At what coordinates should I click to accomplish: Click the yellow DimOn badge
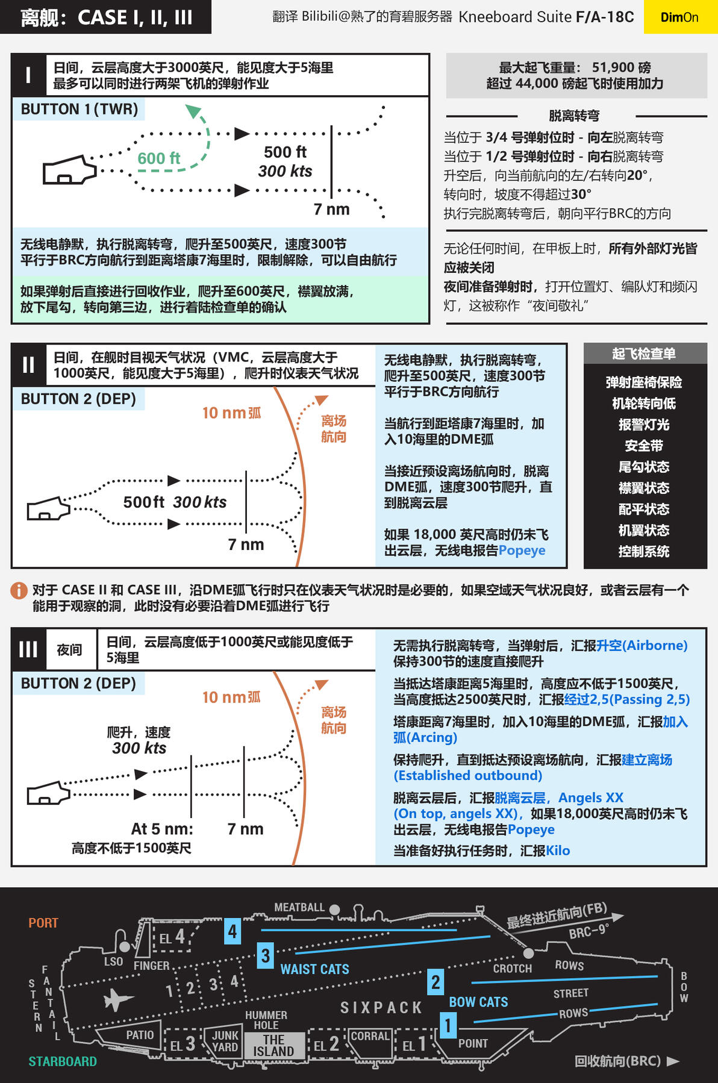(x=679, y=17)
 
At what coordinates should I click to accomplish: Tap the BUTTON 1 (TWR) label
(x=80, y=109)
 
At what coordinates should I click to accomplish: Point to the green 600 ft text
(x=158, y=158)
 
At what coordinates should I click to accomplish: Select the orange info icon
(x=19, y=590)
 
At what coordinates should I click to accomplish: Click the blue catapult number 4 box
(x=233, y=931)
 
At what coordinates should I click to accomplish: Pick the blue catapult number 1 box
(x=448, y=1025)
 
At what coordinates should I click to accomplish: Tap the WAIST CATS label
(x=314, y=969)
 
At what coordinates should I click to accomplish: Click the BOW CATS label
(x=478, y=1002)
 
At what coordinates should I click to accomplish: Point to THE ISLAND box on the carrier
(x=273, y=1045)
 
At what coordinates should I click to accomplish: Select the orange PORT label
(x=43, y=923)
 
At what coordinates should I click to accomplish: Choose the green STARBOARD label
(x=63, y=1061)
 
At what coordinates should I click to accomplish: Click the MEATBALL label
(x=299, y=907)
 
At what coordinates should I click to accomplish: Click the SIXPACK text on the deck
(x=381, y=1008)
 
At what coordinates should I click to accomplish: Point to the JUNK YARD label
(x=225, y=1041)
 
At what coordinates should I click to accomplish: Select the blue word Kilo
(x=558, y=850)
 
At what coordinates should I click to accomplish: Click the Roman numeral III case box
(x=28, y=649)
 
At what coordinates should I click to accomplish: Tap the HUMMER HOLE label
(x=266, y=1020)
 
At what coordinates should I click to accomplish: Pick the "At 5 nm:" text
(x=162, y=829)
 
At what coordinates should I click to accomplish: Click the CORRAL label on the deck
(x=370, y=1036)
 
